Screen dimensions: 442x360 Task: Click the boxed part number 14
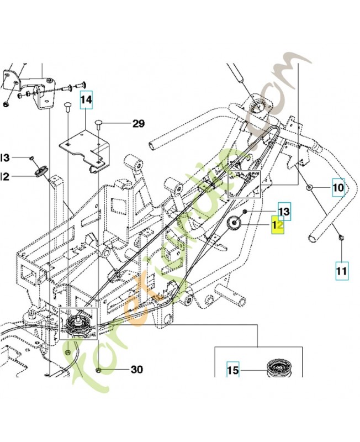point(87,101)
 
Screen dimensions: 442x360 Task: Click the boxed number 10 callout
point(337,188)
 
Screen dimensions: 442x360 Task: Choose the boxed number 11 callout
point(341,271)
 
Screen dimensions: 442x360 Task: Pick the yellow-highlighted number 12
point(277,226)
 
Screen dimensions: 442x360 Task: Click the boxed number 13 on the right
point(284,211)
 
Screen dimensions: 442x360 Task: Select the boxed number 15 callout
point(233,371)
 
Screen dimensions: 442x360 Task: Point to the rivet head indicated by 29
point(98,123)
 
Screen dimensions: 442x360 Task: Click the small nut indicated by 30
point(98,370)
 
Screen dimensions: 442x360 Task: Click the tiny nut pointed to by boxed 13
point(244,213)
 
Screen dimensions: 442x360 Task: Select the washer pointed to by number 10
point(310,188)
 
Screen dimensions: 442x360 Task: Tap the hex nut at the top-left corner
point(6,104)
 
